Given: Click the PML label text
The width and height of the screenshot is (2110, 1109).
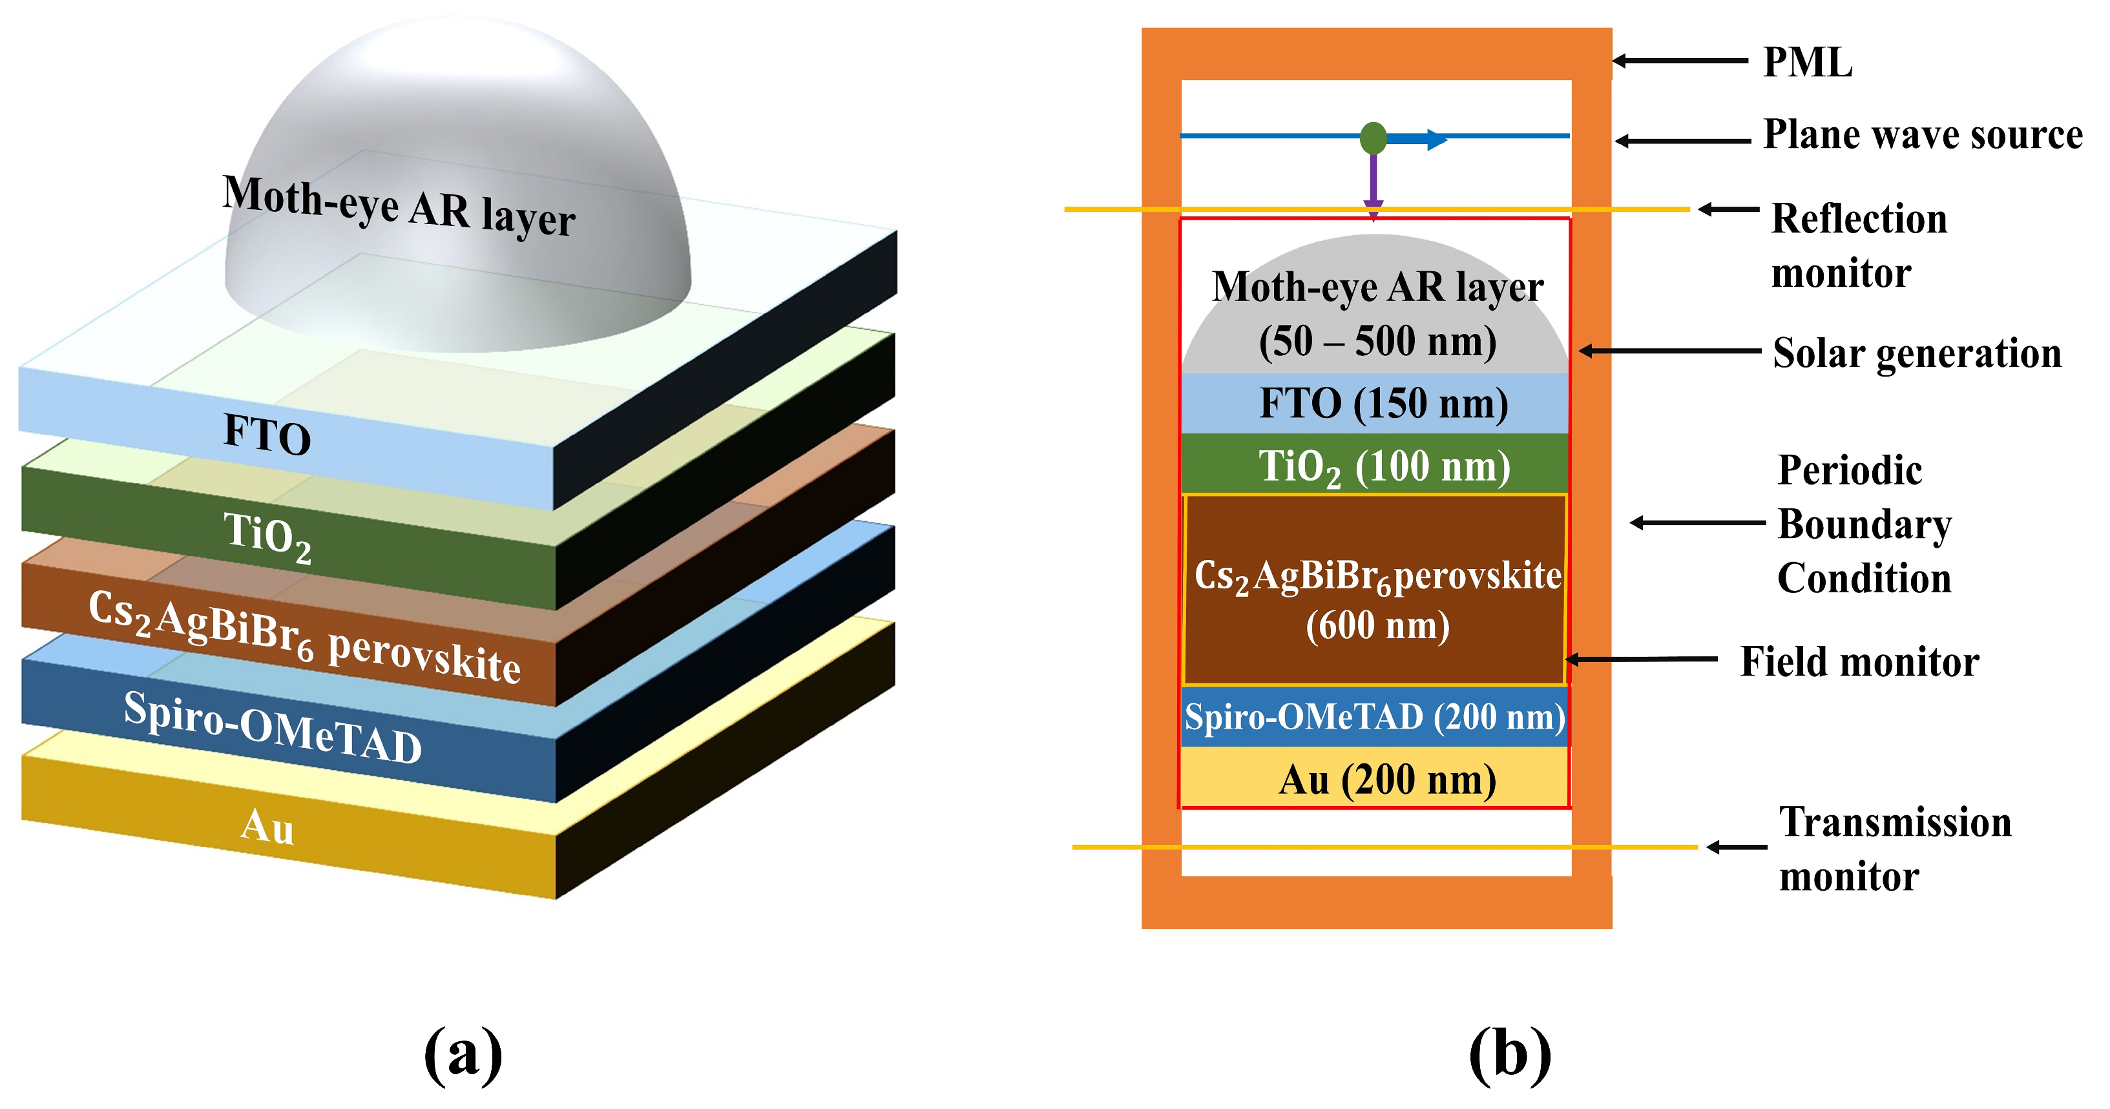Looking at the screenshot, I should click(x=1807, y=62).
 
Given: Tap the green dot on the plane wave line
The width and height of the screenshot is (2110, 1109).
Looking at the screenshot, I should click(x=1374, y=138).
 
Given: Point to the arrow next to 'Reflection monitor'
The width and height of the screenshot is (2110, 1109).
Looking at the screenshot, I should click(x=1728, y=210).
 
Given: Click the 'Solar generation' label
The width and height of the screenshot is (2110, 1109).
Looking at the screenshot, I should click(x=1917, y=354).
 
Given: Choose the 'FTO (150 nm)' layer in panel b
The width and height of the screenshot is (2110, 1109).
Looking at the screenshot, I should click(x=1383, y=404).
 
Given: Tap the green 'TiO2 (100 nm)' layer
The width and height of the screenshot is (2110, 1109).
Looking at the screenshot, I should click(x=1383, y=466).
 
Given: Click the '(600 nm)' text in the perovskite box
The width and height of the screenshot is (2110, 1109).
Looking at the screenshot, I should click(x=1378, y=627).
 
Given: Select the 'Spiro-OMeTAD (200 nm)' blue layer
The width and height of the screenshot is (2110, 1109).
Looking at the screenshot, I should click(x=1374, y=718).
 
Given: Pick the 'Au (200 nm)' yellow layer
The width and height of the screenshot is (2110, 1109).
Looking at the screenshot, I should click(x=1386, y=780).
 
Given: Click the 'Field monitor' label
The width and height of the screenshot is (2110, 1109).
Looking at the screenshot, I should click(x=1859, y=662).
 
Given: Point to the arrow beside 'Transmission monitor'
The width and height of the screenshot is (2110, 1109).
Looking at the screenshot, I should click(x=1737, y=847).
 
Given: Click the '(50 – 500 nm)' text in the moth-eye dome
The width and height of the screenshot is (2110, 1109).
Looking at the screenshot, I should click(x=1378, y=342).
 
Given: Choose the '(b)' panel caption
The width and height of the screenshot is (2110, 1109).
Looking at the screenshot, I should click(x=1510, y=1054).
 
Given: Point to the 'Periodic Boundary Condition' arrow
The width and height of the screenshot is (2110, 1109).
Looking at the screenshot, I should click(x=1695, y=523).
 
